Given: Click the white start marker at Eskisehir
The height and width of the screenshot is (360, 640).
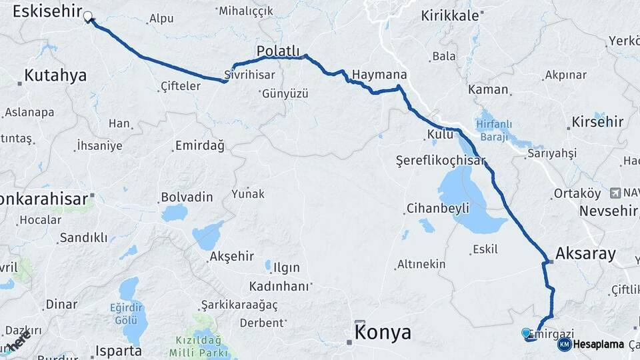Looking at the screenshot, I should click(x=87, y=16).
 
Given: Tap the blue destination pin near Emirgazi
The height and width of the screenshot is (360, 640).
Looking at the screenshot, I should click(x=526, y=333).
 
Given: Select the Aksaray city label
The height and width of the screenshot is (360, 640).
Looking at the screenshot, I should click(x=585, y=253).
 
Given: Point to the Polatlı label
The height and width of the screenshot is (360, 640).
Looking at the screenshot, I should click(x=278, y=51).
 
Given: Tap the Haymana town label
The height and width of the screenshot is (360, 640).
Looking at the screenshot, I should click(x=379, y=75).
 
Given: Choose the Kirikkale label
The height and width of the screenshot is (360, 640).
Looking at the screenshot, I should click(x=449, y=16).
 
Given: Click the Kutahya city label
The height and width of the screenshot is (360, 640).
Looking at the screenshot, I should click(x=55, y=75).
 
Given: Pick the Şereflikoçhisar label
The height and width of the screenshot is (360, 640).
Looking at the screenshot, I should click(x=440, y=161).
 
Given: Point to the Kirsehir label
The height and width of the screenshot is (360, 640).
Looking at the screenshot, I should click(x=597, y=122).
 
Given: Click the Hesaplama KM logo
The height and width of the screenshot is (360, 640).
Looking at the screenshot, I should click(x=591, y=344).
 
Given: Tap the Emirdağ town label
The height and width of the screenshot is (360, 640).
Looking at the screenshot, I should click(x=199, y=145).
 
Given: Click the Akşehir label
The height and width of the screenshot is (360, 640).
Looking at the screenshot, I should click(x=231, y=257).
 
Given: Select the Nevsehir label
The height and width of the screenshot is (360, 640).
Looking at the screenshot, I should click(x=609, y=211).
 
